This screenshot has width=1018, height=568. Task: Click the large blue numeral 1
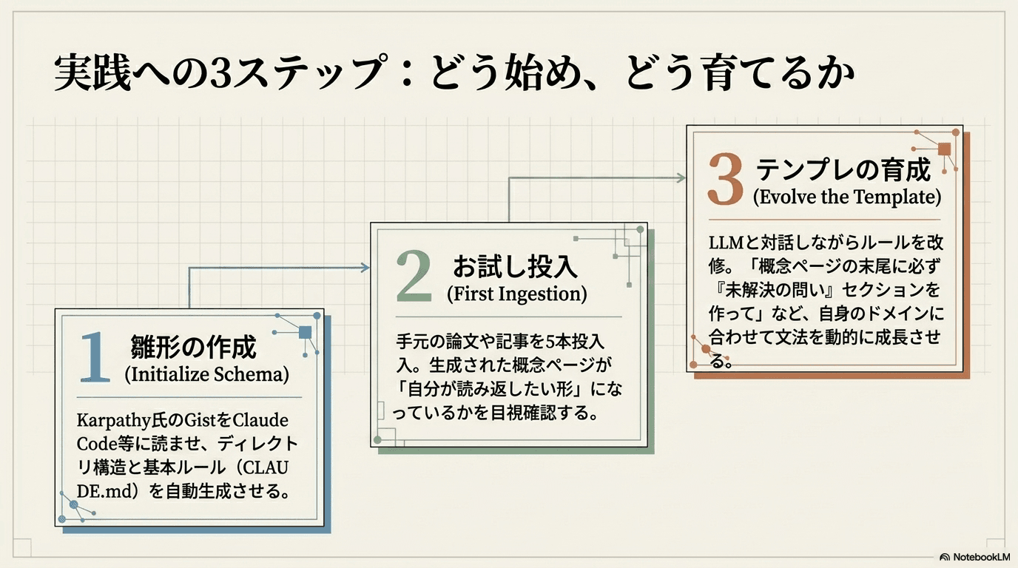point(95,357)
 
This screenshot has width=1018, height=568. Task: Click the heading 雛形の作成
point(193,348)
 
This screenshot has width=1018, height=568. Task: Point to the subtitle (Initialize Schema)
point(207,375)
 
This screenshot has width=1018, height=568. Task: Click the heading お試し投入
point(515,267)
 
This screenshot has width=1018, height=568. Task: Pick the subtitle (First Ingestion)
point(516,294)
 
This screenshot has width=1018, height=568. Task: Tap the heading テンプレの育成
point(843,170)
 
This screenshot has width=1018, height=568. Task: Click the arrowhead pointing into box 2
point(365,268)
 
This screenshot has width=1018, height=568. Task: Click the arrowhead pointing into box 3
point(681,178)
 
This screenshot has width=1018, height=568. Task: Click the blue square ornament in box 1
point(306,332)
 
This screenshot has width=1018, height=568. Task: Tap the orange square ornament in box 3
point(944,149)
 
